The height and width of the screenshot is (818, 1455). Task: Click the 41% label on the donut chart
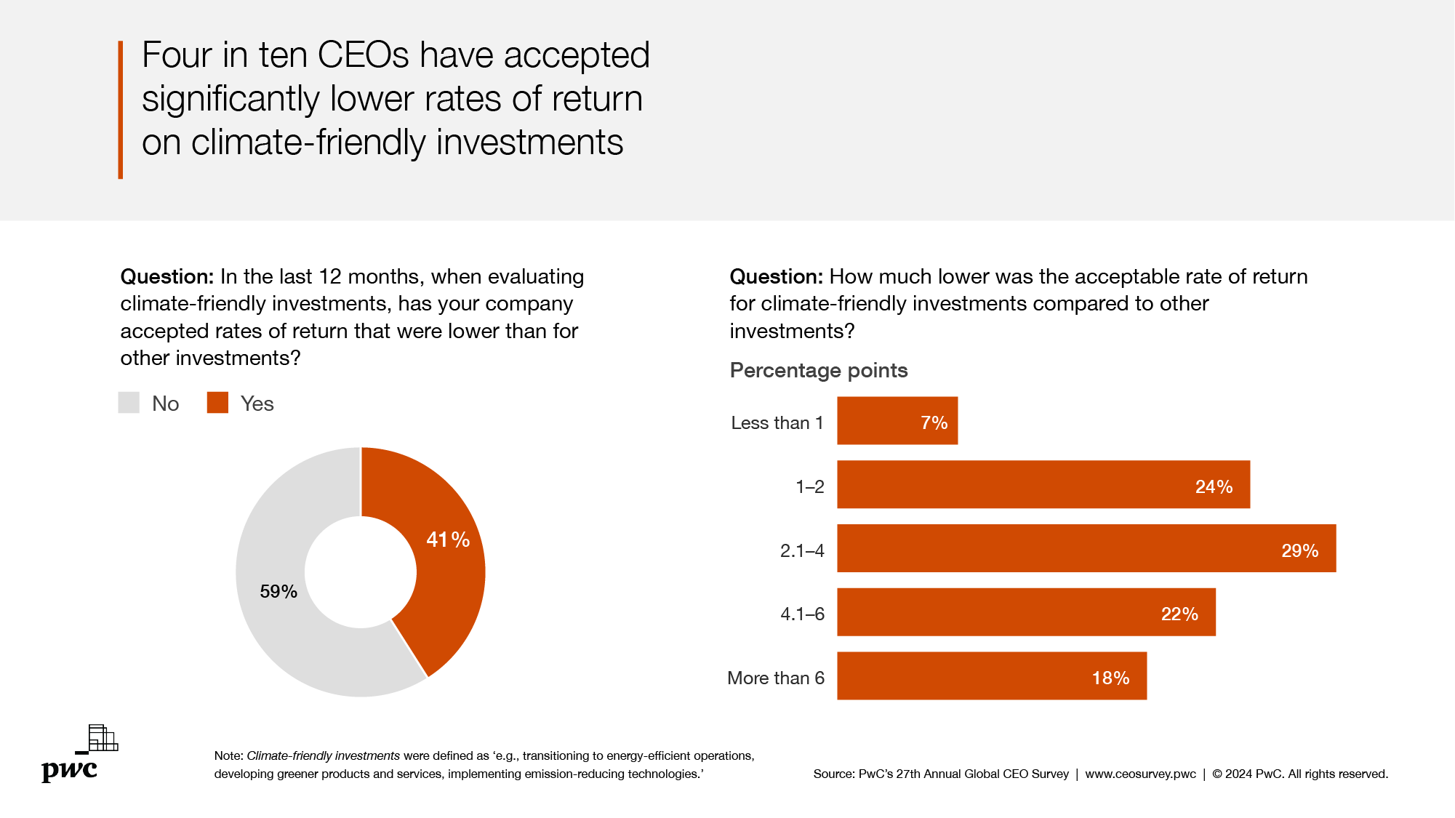[447, 540]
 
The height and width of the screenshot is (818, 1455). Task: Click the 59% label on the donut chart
[278, 592]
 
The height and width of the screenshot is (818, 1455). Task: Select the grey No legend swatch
[129, 403]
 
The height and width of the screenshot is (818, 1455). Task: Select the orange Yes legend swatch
[217, 403]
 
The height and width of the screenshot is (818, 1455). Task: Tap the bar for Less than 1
[897, 421]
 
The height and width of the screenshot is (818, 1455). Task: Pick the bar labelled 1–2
[1043, 484]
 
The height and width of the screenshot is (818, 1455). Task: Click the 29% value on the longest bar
[1299, 551]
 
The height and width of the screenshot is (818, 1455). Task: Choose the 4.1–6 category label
[802, 614]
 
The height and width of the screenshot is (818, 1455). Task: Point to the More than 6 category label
[775, 678]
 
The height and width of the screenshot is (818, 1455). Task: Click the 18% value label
[1110, 678]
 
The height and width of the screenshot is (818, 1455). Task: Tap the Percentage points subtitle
[818, 371]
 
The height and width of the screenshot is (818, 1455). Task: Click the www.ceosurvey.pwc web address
[1140, 774]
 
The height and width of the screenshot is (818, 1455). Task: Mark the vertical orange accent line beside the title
[121, 110]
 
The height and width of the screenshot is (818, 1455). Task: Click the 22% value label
[1179, 614]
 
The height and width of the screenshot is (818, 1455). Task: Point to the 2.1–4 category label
[802, 551]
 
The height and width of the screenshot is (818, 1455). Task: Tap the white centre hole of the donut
[361, 572]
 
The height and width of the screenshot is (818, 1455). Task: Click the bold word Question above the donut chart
[167, 277]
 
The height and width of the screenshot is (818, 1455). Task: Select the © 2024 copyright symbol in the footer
[1217, 774]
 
